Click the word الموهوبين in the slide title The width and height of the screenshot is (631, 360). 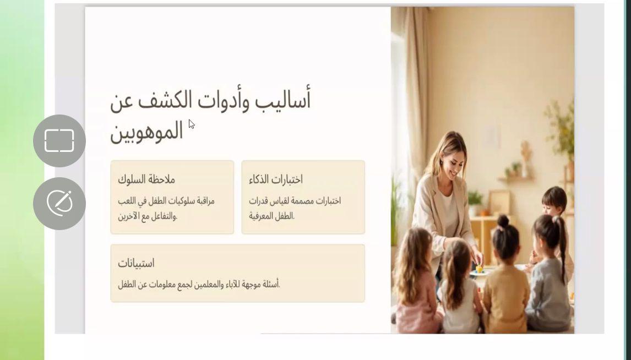click(x=146, y=132)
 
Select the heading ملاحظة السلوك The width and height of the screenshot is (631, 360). click(x=146, y=179)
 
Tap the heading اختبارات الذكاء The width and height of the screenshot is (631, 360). click(x=276, y=179)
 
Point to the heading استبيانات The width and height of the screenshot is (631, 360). click(x=136, y=263)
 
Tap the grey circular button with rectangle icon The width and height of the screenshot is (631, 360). click(x=59, y=141)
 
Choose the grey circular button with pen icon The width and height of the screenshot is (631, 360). click(x=59, y=203)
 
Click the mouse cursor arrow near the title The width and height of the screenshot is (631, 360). click(x=191, y=124)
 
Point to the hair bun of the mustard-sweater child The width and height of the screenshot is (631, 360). click(x=503, y=221)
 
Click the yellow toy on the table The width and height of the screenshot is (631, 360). click(x=480, y=269)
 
